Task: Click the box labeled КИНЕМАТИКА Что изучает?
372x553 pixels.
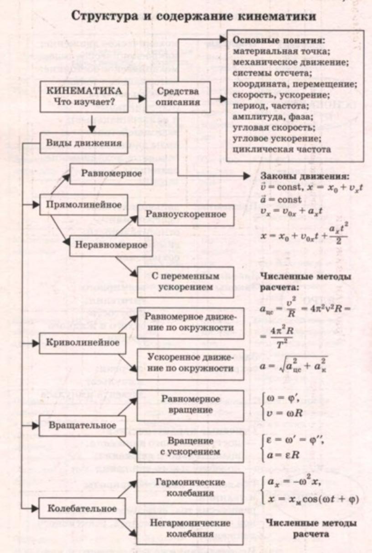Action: click(x=84, y=96)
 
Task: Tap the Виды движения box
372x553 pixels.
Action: click(x=84, y=143)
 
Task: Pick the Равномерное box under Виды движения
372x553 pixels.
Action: click(x=111, y=173)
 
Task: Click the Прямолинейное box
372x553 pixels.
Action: click(x=84, y=204)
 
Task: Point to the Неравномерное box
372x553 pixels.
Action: click(x=111, y=245)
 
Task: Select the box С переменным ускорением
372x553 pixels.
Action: click(x=186, y=282)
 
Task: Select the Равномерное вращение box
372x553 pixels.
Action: click(x=190, y=404)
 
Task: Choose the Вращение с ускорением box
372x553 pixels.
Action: click(x=190, y=446)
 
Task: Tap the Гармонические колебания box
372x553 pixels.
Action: click(x=190, y=487)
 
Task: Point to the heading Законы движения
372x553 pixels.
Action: click(x=305, y=177)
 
